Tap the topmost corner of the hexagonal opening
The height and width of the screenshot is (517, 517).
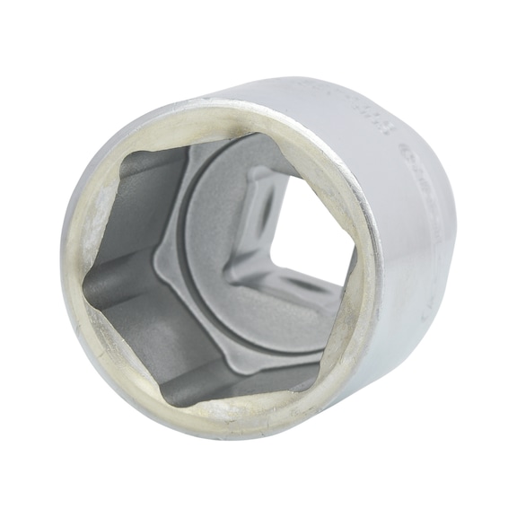coord(260,134)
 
